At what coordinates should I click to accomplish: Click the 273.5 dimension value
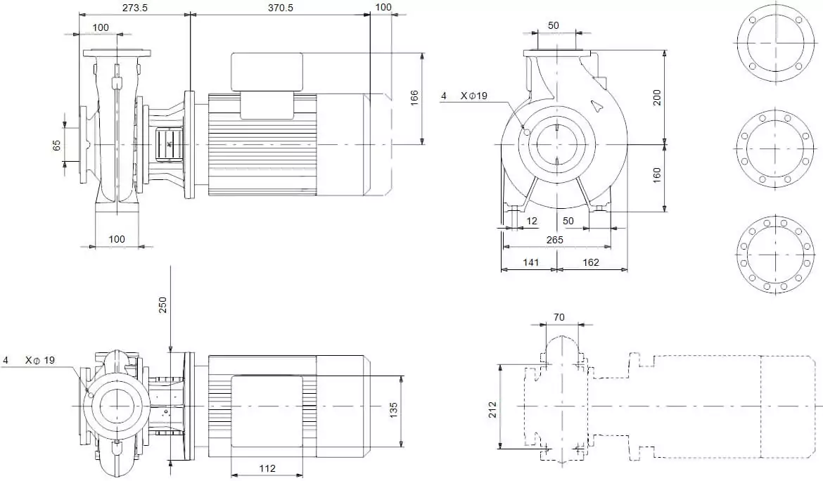(x=135, y=7)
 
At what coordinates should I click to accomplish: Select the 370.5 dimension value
(x=281, y=7)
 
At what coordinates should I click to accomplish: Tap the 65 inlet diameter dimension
(x=57, y=146)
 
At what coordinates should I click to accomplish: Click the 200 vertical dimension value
(x=657, y=97)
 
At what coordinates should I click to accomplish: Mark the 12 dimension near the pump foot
(x=532, y=222)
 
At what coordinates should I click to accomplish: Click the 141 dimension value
(x=530, y=262)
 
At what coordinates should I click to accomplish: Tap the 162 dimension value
(x=591, y=262)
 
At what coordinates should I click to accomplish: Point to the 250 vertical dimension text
(x=162, y=304)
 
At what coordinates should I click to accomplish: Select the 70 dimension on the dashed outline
(x=559, y=318)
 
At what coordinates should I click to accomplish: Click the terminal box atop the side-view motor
(x=267, y=72)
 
